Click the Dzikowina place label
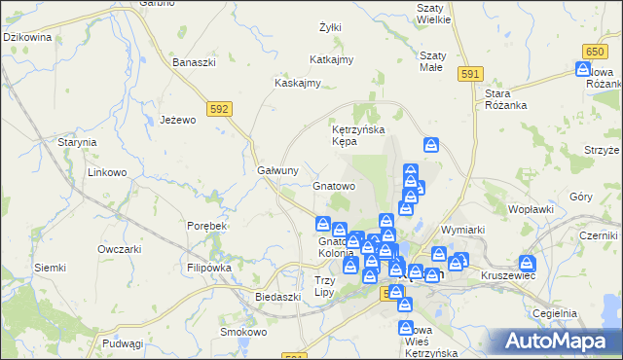point(27,37)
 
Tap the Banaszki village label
point(193,62)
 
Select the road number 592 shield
point(218,109)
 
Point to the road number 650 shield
point(597,50)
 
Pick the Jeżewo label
point(178,120)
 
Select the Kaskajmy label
point(298,83)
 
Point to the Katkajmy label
point(331,59)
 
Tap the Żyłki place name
point(330,27)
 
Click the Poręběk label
point(206,226)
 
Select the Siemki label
point(50,268)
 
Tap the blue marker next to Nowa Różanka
point(583,70)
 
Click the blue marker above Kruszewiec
point(528,263)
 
